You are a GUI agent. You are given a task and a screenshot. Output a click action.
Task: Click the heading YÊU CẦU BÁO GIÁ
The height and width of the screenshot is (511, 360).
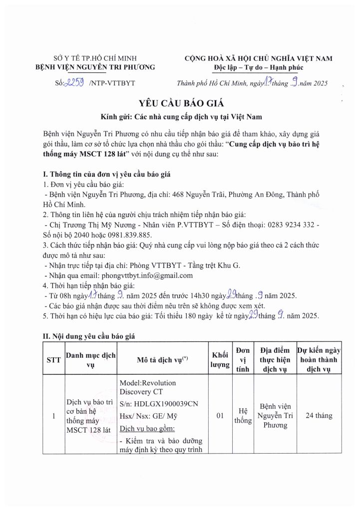coord(180,104)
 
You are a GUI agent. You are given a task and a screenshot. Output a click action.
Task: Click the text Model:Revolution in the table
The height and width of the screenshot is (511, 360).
coord(147,382)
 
